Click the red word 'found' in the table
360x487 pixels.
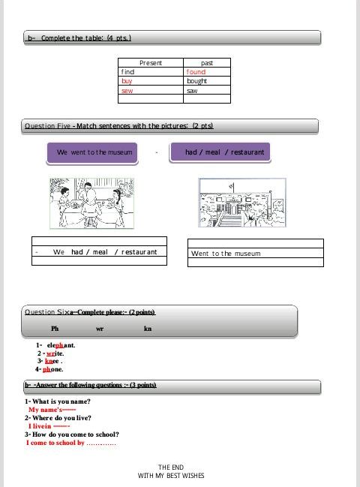[x=196, y=72]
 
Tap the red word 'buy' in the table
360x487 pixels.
[x=127, y=81]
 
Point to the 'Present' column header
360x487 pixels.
[x=151, y=63]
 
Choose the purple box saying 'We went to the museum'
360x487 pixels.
[x=92, y=152]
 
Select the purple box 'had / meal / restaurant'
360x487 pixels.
[x=220, y=152]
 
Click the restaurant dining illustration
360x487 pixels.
[x=91, y=203]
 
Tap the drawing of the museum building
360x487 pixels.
[x=242, y=203]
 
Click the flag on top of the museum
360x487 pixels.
[x=232, y=186]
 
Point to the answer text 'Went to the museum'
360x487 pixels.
[x=226, y=254]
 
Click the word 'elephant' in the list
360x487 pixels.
[x=61, y=345]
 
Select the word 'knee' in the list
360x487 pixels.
[x=52, y=361]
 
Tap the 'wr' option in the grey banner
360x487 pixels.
[x=100, y=329]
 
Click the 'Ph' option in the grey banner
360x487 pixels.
[x=55, y=328]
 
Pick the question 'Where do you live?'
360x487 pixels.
[x=61, y=418]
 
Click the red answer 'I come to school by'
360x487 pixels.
[x=55, y=443]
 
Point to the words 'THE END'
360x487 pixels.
[x=171, y=467]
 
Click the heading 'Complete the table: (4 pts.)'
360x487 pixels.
[x=86, y=38]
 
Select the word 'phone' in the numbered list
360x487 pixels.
[x=52, y=369]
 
